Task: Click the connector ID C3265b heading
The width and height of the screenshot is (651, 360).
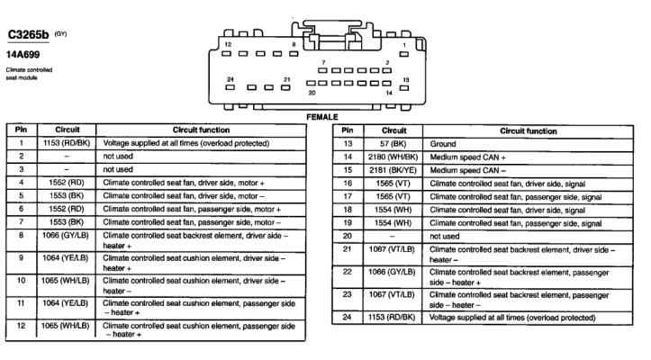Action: tap(28, 35)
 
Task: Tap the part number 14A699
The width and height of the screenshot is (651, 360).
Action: tap(23, 54)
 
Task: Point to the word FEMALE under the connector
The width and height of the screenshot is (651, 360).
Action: tap(322, 117)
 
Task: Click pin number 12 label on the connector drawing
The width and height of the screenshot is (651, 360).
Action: tap(228, 44)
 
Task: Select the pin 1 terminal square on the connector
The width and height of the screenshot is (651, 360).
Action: tap(403, 54)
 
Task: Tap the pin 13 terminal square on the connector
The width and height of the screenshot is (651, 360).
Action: tap(404, 88)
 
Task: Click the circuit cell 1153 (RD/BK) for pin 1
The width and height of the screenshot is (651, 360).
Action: tap(67, 143)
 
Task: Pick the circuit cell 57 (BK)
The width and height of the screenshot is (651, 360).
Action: tap(393, 144)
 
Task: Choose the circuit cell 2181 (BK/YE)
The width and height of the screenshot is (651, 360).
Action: tap(393, 170)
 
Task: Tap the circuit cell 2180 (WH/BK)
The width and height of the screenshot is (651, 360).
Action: tap(393, 157)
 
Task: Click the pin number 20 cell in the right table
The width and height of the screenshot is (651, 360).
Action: tap(348, 236)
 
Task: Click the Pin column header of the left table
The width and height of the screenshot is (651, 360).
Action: tap(22, 130)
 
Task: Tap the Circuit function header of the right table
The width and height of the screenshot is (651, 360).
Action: tap(529, 130)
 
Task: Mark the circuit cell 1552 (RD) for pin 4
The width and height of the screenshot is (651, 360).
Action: tap(67, 183)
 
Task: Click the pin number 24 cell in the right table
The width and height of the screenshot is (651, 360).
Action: tap(348, 317)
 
